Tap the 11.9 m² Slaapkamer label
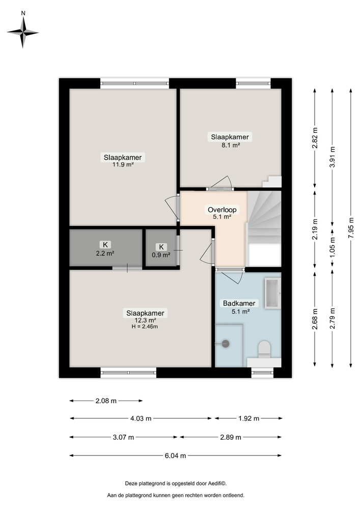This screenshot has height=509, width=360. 123,160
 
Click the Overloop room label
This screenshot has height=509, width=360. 222,212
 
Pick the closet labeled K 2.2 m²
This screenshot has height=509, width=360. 105,248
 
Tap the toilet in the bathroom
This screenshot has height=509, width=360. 264,350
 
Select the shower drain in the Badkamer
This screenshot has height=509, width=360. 226,344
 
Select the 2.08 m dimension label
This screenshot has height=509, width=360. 106,401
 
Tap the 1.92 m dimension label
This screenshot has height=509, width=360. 248,418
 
